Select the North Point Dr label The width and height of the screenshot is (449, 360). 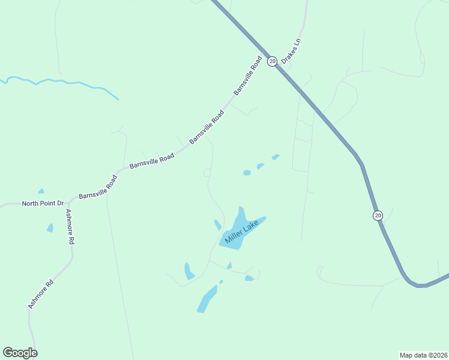(x=43, y=203)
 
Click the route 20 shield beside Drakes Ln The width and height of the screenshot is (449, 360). (x=272, y=61)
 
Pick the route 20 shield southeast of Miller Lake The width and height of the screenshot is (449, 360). (x=377, y=215)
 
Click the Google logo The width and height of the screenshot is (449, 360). (x=20, y=353)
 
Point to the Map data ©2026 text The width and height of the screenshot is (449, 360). (x=423, y=355)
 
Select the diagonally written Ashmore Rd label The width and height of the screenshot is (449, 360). (x=40, y=293)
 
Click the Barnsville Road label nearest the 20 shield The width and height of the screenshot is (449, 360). (x=248, y=76)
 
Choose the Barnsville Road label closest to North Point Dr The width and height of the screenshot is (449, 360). (x=97, y=187)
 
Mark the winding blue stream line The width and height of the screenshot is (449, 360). (x=60, y=81)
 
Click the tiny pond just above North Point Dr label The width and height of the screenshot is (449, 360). (x=41, y=191)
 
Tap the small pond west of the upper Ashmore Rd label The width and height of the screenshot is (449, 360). (x=50, y=227)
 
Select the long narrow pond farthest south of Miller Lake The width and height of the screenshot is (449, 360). (x=206, y=299)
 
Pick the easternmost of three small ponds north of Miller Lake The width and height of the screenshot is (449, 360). (x=275, y=157)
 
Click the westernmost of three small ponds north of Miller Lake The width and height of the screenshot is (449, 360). (x=247, y=173)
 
